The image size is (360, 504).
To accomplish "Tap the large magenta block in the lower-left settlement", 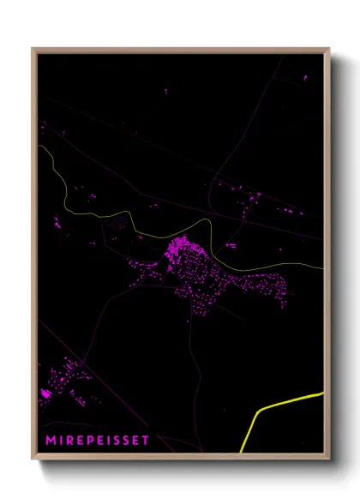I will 45,393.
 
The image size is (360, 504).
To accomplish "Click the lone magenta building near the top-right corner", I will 304,78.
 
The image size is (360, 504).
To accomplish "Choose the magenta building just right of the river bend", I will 231,245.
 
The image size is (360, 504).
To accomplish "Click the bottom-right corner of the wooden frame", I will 328,457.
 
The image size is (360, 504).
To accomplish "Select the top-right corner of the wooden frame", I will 328,50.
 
